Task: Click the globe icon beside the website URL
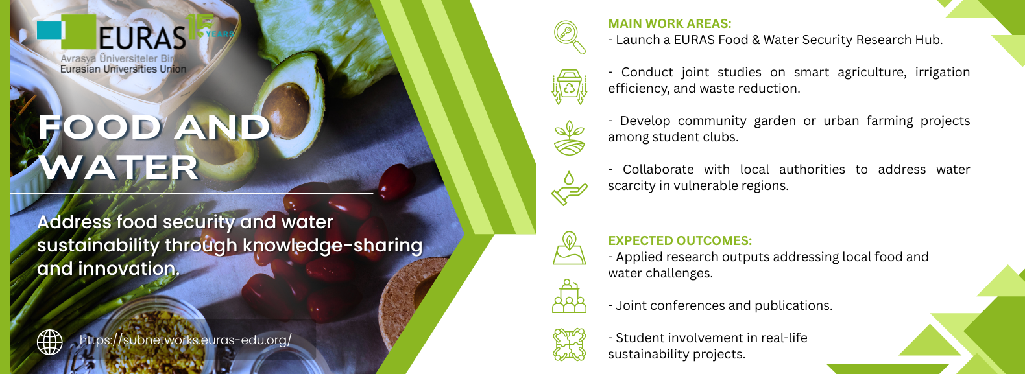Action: click(x=49, y=342)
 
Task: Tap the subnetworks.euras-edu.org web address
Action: click(x=186, y=340)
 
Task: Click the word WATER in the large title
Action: click(x=119, y=167)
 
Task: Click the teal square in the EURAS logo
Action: click(x=49, y=30)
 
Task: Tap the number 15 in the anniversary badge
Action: click(x=199, y=26)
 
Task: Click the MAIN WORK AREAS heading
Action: click(x=669, y=23)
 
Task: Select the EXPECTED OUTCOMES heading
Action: click(x=679, y=240)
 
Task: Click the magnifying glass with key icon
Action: click(x=569, y=38)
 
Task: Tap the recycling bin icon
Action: click(x=569, y=87)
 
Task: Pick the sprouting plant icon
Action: click(x=569, y=137)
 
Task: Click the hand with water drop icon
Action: click(x=569, y=188)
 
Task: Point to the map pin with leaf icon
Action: click(x=569, y=248)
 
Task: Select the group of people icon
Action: click(x=569, y=296)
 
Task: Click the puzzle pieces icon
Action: click(x=569, y=345)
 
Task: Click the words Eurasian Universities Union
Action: click(x=123, y=69)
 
